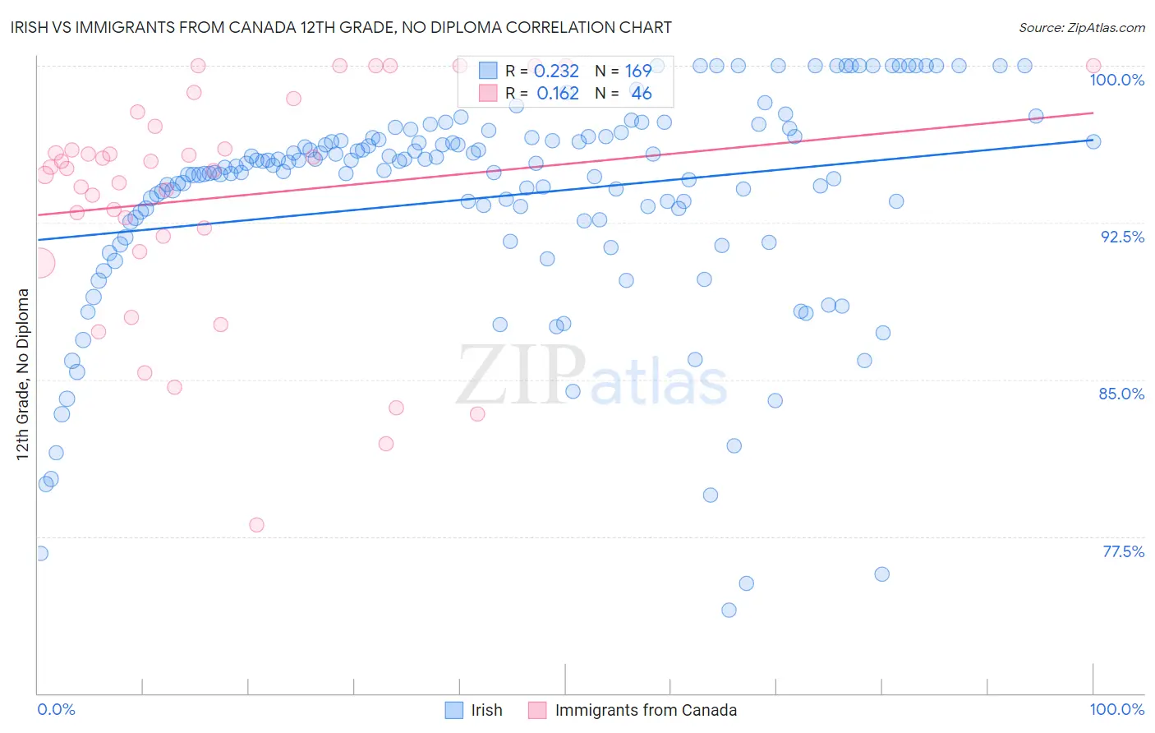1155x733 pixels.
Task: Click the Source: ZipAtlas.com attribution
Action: (x=1081, y=27)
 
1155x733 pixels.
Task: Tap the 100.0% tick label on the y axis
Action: (x=1116, y=80)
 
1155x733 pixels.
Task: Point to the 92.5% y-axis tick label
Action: (x=1122, y=237)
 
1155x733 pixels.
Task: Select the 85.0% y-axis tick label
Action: (x=1121, y=394)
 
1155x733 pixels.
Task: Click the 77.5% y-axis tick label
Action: (x=1123, y=551)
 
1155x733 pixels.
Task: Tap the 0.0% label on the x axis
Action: (x=56, y=709)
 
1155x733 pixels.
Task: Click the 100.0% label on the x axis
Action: (x=1116, y=709)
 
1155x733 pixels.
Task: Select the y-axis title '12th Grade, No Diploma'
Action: (x=23, y=374)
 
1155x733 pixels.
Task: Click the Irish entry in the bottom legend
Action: (x=474, y=710)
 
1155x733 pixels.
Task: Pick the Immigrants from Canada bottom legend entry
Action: (x=633, y=710)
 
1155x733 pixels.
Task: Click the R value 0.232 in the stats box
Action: (x=556, y=71)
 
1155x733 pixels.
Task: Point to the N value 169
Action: (x=637, y=71)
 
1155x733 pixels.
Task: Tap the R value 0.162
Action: (x=557, y=94)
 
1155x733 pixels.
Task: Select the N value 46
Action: (x=641, y=94)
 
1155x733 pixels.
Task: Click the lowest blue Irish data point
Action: (x=729, y=610)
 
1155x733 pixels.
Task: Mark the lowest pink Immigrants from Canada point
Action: (x=256, y=525)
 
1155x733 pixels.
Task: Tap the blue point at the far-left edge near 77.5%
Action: (x=40, y=553)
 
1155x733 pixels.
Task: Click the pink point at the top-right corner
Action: (x=1093, y=66)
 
